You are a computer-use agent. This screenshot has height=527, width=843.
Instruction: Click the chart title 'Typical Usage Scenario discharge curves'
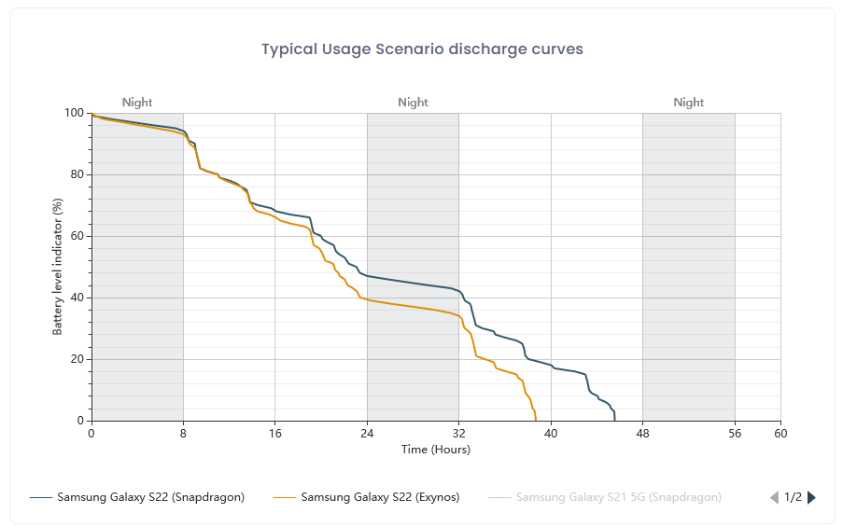[x=422, y=49]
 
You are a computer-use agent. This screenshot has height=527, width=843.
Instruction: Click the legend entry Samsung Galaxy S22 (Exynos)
[x=380, y=497]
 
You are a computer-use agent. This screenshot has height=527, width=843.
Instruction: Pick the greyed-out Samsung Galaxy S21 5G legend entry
[x=618, y=497]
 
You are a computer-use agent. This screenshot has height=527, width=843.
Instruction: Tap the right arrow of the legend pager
[x=811, y=497]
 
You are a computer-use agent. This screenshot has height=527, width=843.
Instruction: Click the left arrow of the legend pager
[x=774, y=497]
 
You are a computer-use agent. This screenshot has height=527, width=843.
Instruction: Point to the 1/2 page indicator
[x=793, y=497]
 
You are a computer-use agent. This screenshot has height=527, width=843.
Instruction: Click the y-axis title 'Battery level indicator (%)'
[x=58, y=267]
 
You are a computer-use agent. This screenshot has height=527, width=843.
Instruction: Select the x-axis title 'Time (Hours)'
[x=436, y=450]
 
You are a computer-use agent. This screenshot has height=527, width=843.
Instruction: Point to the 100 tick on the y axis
[x=74, y=113]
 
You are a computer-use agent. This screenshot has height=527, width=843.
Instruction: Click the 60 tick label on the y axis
[x=77, y=236]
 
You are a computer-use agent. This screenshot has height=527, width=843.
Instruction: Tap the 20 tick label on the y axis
[x=77, y=359]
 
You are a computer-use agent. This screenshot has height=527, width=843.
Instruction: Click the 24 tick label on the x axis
[x=367, y=434]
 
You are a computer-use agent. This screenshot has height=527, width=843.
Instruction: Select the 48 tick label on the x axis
[x=642, y=434]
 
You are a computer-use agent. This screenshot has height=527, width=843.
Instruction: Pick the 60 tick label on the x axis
[x=780, y=434]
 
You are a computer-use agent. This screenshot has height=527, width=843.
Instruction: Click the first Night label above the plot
[x=137, y=103]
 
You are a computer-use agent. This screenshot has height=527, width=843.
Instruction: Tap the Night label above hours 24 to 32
[x=413, y=103]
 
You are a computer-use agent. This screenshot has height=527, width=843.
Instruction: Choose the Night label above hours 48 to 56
[x=689, y=103]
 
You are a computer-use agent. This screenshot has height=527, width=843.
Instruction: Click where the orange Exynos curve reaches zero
[x=536, y=420]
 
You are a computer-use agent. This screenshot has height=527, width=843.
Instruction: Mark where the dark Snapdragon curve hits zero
[x=614, y=420]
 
